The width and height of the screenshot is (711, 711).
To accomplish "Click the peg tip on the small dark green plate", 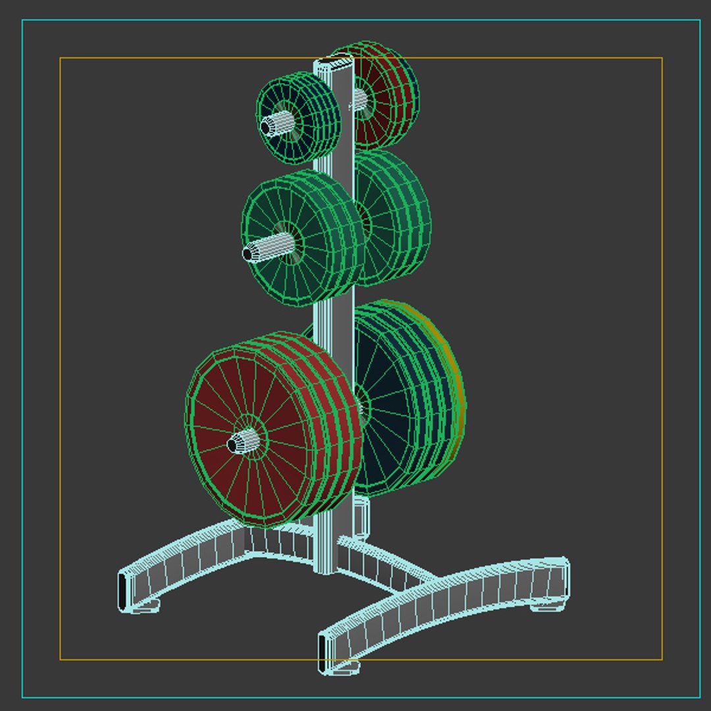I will (x=267, y=126).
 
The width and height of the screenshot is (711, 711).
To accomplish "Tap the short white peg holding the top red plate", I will (x=359, y=99).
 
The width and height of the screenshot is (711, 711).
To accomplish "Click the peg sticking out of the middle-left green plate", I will (x=250, y=253).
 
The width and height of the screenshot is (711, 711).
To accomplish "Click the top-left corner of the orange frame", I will (x=61, y=58).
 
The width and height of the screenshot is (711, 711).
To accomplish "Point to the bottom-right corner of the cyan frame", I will (x=699, y=697).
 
